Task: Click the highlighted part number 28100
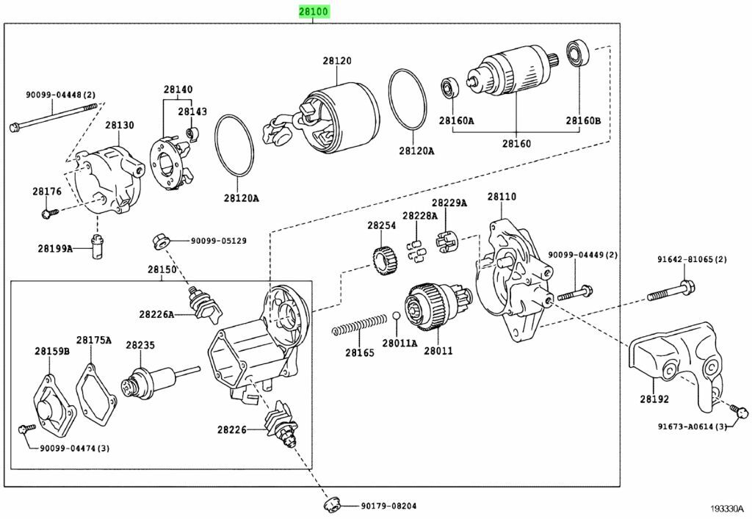(314, 12)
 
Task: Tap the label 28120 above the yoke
(337, 62)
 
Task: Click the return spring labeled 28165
(359, 324)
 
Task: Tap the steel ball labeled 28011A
(397, 316)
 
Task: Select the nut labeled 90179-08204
(330, 505)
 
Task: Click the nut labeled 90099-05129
(159, 240)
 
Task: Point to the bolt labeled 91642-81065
(668, 291)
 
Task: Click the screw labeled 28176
(48, 214)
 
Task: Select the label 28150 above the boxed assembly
(162, 269)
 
